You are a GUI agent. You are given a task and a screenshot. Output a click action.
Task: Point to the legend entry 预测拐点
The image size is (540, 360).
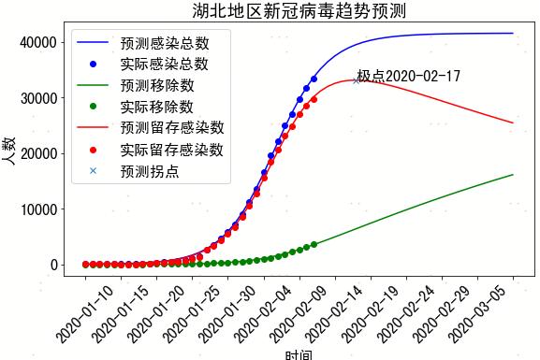coord(149,171)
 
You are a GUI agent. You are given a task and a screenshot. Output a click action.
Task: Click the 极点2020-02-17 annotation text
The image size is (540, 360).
coord(409,76)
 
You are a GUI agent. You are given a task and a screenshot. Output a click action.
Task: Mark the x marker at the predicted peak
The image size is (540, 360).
coord(356,80)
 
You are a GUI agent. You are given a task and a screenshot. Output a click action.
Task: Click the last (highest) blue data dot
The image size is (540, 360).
coord(314,79)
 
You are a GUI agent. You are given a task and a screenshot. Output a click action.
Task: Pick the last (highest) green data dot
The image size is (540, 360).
coord(314,244)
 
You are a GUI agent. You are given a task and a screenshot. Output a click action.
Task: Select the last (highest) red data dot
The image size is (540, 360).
coord(314,99)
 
